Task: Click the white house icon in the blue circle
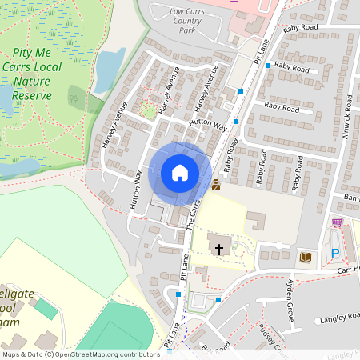point(180,173)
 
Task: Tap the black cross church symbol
point(219,249)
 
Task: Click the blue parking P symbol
point(335,254)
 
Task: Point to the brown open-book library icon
point(305,256)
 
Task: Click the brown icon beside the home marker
point(216,186)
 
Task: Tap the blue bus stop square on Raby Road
point(267,66)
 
